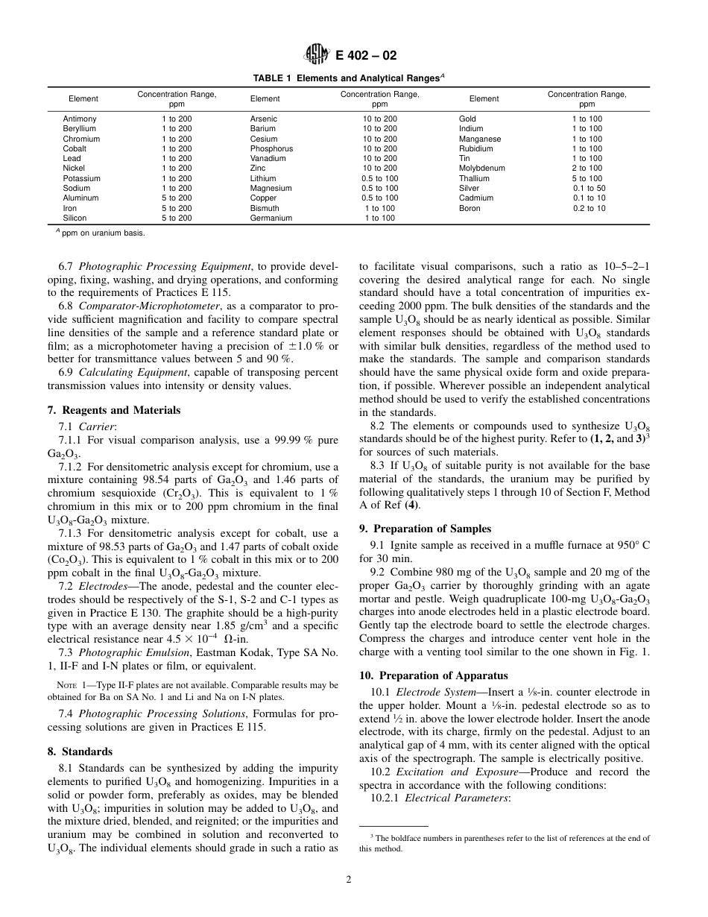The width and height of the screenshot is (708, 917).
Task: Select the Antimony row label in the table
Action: pos(80,119)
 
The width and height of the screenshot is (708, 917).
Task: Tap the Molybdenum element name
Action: pos(481,168)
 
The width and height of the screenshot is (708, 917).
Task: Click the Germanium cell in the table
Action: pos(271,218)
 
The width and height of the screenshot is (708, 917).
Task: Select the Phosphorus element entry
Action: pos(271,149)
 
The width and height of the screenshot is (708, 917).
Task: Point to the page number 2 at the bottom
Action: pos(348,879)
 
